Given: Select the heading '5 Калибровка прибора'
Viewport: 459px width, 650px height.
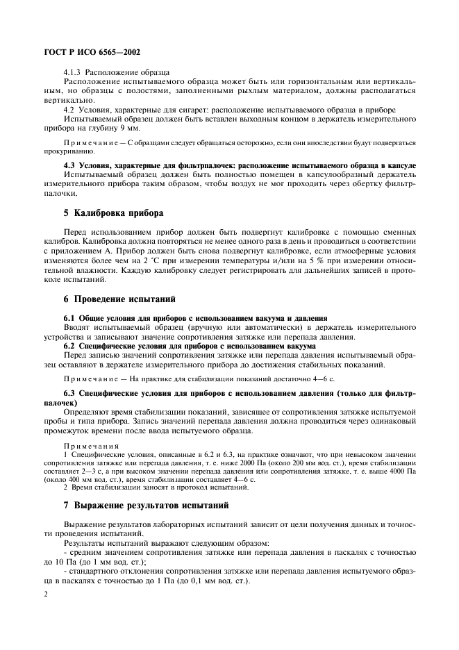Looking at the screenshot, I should pos(113,212).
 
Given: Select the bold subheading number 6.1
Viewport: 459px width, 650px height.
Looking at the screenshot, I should pos(71,317).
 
